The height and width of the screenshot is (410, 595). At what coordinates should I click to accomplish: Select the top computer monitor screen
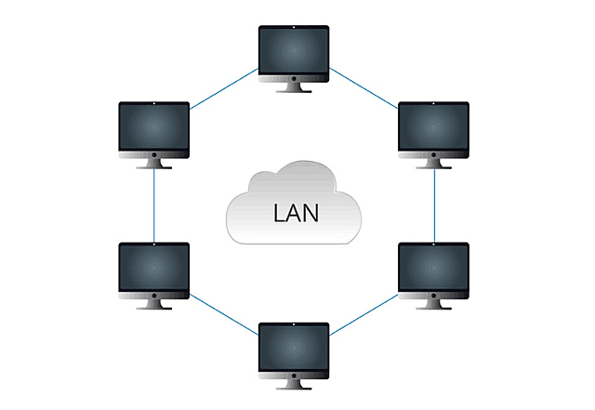point(294,50)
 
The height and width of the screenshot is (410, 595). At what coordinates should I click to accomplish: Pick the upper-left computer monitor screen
point(154,127)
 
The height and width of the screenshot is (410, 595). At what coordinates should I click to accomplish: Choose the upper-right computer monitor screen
point(433,127)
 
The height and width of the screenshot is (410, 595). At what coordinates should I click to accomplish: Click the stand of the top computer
point(294,88)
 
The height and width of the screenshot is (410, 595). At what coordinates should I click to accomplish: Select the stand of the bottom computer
point(294,384)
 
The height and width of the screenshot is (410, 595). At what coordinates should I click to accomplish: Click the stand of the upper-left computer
point(154,165)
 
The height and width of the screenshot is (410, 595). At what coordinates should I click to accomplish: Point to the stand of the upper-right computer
point(433,165)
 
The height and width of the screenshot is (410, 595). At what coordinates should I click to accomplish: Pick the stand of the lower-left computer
point(154,305)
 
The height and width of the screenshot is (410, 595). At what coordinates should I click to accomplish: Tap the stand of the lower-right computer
point(433,305)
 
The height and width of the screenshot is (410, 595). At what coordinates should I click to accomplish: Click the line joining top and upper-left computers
point(224,89)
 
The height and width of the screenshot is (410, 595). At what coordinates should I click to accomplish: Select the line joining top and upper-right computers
point(364,89)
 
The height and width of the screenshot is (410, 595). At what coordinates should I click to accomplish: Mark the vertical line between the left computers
point(154,206)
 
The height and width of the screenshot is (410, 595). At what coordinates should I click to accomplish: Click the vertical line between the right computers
point(435,206)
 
